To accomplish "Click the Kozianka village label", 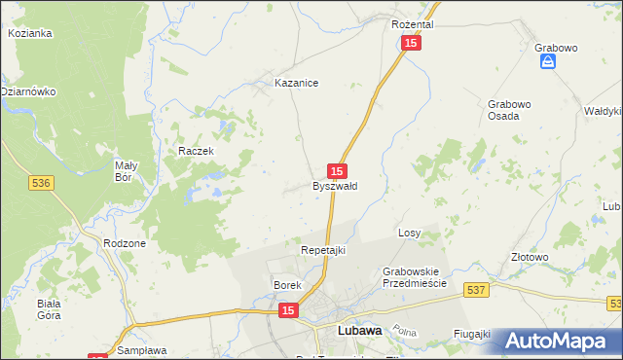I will pyautogui.click(x=29, y=32).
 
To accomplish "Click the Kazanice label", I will pyautogui.click(x=297, y=84).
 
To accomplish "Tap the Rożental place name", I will pyautogui.click(x=412, y=23).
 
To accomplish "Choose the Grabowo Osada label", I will pyautogui.click(x=510, y=109).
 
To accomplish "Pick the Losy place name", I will pyautogui.click(x=409, y=234).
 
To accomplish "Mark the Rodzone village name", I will pyautogui.click(x=125, y=243).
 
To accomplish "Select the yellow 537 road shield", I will pyautogui.click(x=475, y=289).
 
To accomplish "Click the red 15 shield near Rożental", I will pyautogui.click(x=411, y=44).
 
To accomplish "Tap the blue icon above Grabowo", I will pyautogui.click(x=549, y=61).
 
